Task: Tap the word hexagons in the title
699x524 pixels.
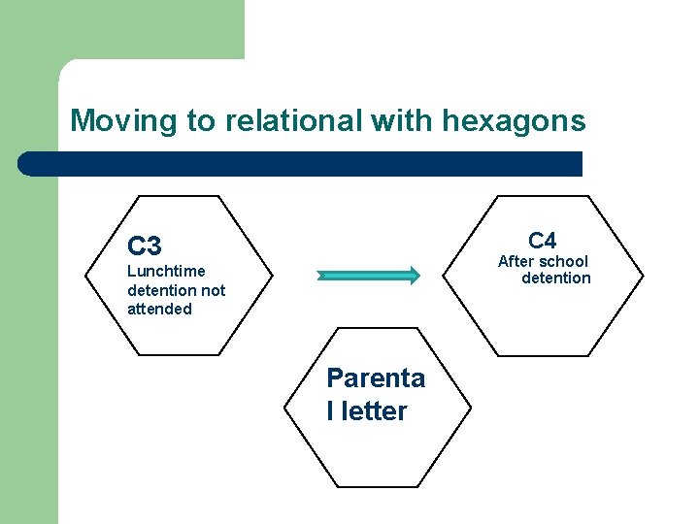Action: [514, 121]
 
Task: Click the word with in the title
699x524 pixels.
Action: [403, 121]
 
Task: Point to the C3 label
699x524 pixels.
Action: [144, 246]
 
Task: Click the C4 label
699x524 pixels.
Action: [542, 240]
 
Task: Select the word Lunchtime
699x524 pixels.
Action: [166, 271]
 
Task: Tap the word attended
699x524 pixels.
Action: [159, 309]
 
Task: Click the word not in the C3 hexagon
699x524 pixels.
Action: [213, 290]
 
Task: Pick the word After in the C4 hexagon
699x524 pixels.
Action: [516, 261]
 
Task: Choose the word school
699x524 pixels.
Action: [562, 261]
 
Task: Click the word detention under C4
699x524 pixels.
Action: [555, 278]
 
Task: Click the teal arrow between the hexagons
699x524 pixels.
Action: [364, 276]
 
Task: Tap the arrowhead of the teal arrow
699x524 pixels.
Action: [412, 276]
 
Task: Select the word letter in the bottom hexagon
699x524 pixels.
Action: [373, 411]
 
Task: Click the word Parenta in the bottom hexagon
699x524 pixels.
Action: [376, 377]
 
